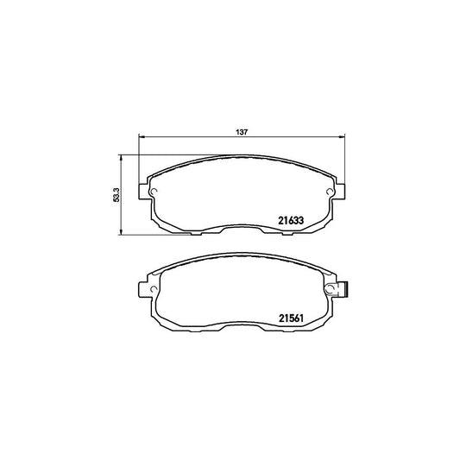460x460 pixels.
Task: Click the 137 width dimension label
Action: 242,132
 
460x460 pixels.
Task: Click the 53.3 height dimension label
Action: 117,195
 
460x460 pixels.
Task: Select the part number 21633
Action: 291,220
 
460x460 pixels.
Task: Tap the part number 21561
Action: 291,318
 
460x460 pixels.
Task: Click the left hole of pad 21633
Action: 154,192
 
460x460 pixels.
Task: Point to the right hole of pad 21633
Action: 330,192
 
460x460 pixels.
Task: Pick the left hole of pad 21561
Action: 153,289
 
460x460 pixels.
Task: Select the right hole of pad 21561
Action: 331,289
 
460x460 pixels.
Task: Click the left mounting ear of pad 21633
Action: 143,192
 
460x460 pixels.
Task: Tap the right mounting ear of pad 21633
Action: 340,192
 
